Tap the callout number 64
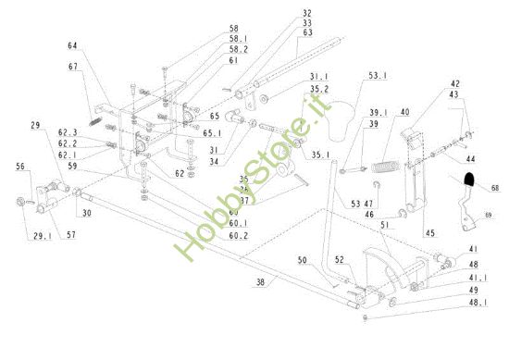tap(73, 45)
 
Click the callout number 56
tap(20, 167)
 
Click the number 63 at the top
tap(281, 32)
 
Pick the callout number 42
tap(455, 83)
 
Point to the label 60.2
tap(239, 235)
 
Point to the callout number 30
tap(85, 214)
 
